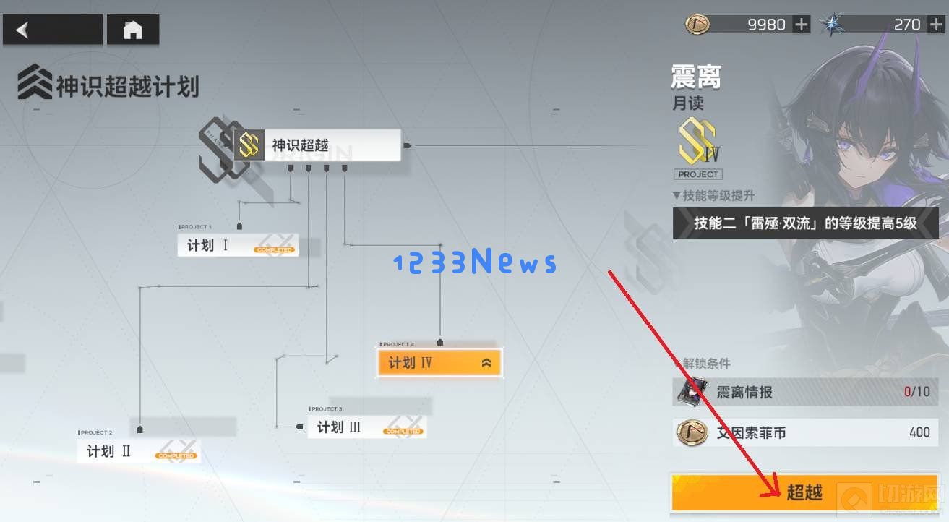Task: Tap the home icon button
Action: coord(133,30)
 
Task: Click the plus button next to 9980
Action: coord(802,25)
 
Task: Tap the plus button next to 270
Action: coord(935,25)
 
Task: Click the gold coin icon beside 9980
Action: coord(697,25)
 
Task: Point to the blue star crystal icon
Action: coord(833,25)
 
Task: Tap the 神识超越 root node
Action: coord(317,145)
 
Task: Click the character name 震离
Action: coord(696,76)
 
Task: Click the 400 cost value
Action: coord(919,432)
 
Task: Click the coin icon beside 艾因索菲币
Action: coord(692,433)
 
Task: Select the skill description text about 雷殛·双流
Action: coord(805,223)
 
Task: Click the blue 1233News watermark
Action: coord(475,262)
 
